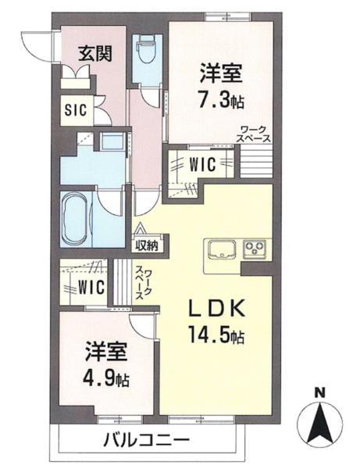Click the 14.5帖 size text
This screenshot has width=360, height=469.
[x=216, y=337]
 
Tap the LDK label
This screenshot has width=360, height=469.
[x=216, y=309]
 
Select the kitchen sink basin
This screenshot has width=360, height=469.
[x=219, y=249]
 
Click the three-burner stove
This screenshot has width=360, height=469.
[x=255, y=249]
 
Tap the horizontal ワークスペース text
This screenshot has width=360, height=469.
[x=255, y=134]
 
